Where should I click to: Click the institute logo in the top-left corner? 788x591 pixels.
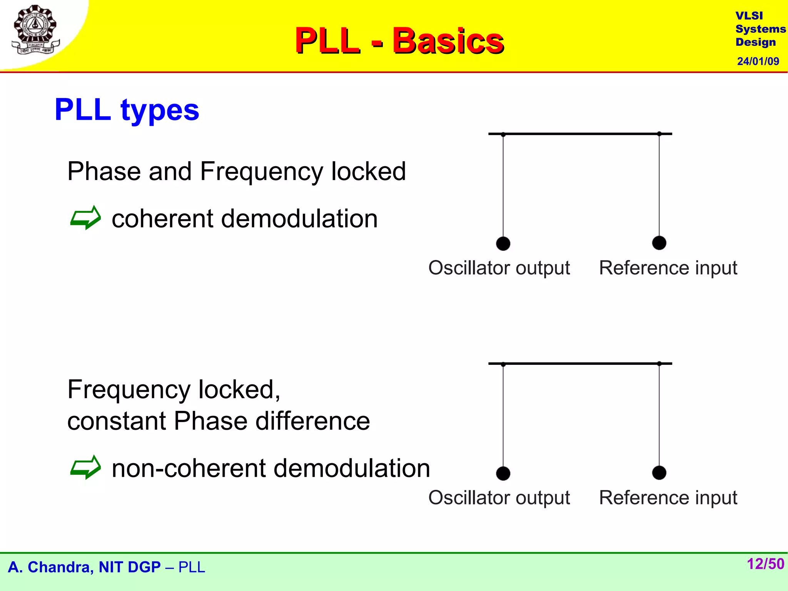point(35,30)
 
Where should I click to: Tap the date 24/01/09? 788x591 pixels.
point(758,61)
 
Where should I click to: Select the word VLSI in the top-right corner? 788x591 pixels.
point(749,16)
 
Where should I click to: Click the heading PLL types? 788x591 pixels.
point(127,110)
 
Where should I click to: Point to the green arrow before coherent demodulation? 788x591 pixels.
point(85,218)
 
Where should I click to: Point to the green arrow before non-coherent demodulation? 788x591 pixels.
point(85,467)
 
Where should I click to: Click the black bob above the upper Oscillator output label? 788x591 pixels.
point(503,244)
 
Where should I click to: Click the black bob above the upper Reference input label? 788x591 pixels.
point(659,243)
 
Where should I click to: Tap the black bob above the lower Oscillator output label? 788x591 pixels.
point(503,473)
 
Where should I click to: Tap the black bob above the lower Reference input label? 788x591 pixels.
point(659,472)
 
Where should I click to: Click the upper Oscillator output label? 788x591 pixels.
point(499,268)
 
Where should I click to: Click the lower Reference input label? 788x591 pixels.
point(668,498)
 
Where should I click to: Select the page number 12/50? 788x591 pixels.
point(765,564)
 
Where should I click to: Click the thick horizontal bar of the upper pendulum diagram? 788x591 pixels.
point(580,134)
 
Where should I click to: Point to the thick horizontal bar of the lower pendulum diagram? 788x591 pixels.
point(580,363)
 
